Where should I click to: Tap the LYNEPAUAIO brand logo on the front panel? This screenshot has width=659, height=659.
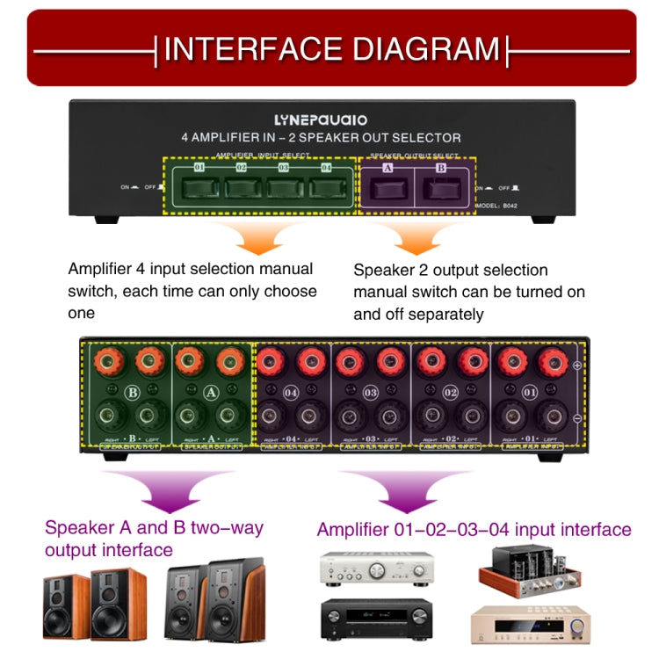(x=321, y=119)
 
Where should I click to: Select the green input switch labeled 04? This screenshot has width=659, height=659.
(x=327, y=187)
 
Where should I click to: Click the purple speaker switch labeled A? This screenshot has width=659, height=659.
(x=387, y=188)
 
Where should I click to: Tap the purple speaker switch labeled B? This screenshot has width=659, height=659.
(x=441, y=188)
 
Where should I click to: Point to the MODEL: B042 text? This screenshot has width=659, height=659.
(x=499, y=206)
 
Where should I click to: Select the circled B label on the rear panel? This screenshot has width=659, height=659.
(x=134, y=392)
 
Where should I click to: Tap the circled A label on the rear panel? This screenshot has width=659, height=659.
(x=210, y=392)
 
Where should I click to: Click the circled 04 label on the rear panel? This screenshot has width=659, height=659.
(x=293, y=392)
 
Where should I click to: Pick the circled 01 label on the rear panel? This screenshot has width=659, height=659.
(x=529, y=392)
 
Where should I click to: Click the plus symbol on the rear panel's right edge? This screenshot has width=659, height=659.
(x=576, y=365)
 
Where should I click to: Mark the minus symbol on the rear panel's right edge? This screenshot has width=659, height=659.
(x=576, y=418)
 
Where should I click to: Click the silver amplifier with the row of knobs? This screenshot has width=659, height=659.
(x=376, y=569)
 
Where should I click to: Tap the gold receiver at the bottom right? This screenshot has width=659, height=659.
(x=531, y=626)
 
